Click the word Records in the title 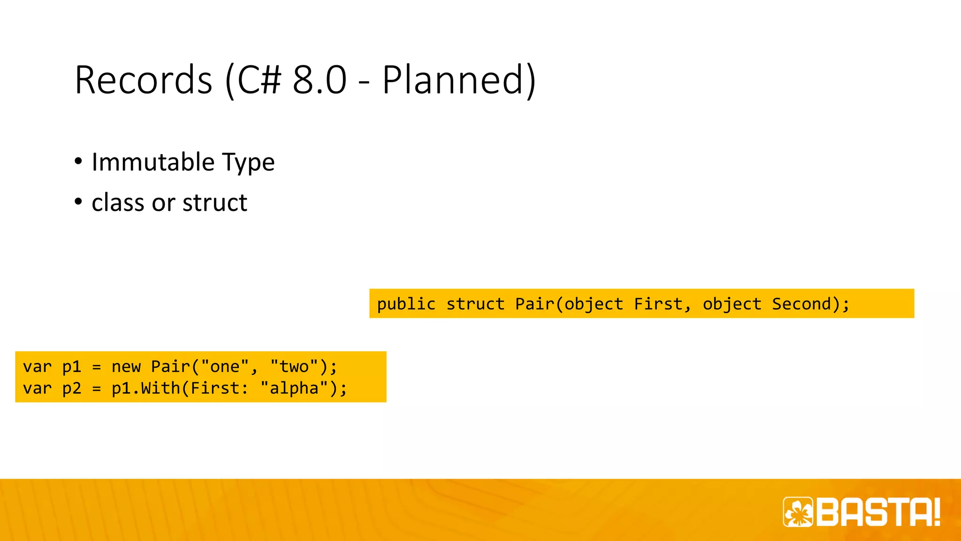click(x=144, y=80)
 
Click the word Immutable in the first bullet click(x=153, y=162)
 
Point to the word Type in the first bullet click(x=248, y=163)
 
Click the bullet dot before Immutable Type click(x=78, y=162)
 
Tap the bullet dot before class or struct click(x=78, y=202)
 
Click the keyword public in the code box click(x=406, y=304)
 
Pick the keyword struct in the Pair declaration click(x=475, y=304)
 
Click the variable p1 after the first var click(x=72, y=367)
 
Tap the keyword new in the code click(x=126, y=367)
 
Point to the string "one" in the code click(x=224, y=367)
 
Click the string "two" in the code click(x=294, y=367)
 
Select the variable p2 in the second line click(x=72, y=388)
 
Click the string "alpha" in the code click(x=294, y=388)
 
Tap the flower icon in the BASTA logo click(x=798, y=512)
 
